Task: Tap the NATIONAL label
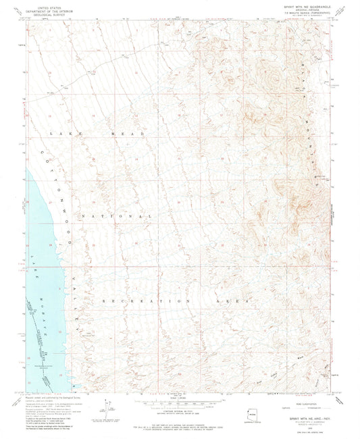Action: pos(116,215)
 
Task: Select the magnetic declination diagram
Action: pos(107,408)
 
